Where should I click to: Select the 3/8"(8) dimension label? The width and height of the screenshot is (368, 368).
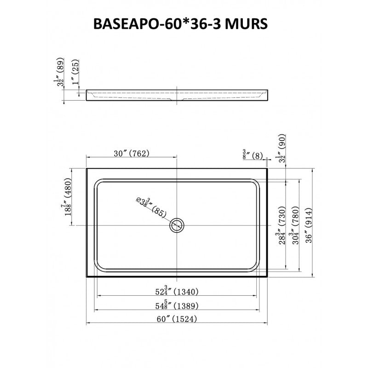(x=252, y=155)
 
